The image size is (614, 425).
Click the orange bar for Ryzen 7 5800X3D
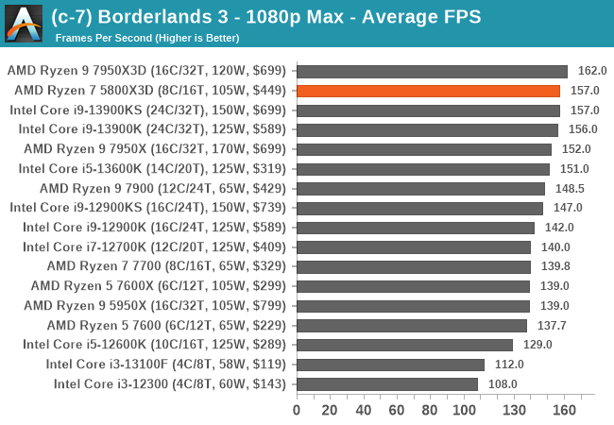coord(428,91)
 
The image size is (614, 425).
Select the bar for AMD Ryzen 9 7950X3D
coord(432,71)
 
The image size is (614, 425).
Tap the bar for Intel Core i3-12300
coord(387,383)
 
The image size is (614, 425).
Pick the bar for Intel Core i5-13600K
coord(423,169)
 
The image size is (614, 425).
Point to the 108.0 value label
coord(503,383)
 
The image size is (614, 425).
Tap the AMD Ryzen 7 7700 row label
coord(167,266)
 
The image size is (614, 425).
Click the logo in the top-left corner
coord(23,23)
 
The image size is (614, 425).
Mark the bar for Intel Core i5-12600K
coord(404,345)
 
